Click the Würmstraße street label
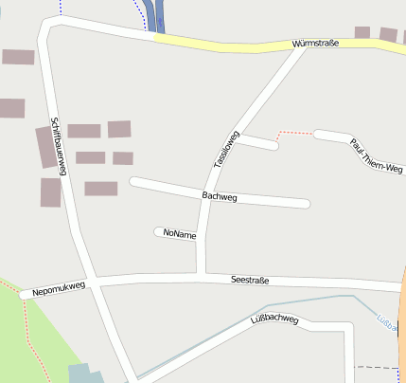315,44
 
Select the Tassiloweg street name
223,149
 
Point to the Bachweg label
220,196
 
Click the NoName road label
179,233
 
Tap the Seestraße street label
251,280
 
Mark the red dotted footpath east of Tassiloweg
294,134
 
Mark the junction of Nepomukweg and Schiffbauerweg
93,282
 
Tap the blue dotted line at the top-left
60,8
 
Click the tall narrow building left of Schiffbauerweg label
45,147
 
